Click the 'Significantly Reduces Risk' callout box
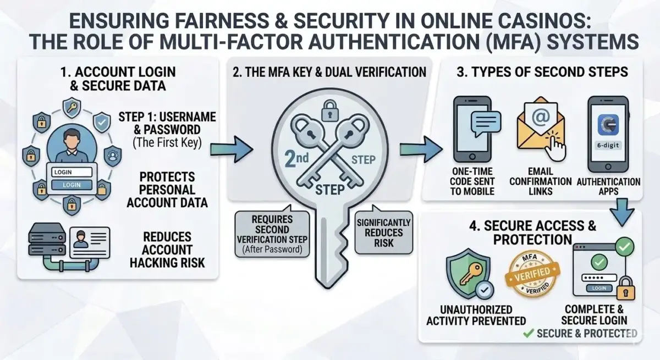click(383, 232)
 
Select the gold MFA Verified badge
click(532, 273)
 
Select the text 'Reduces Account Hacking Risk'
click(167, 250)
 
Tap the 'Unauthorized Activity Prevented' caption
click(476, 315)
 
